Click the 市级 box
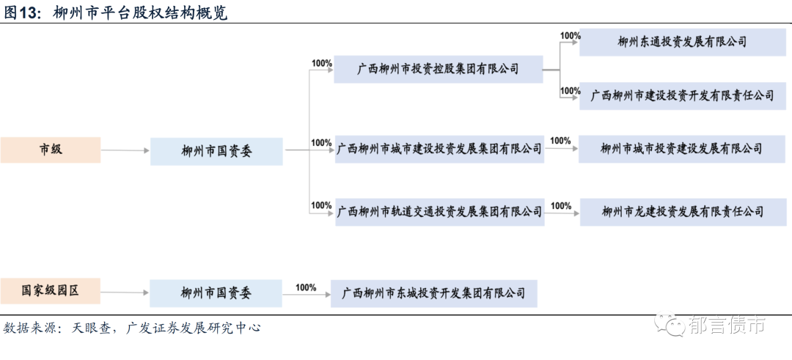pyautogui.click(x=51, y=150)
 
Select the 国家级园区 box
pyautogui.click(x=51, y=291)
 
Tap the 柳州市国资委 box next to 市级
pyautogui.click(x=216, y=151)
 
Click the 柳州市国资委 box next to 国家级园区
pyautogui.click(x=216, y=293)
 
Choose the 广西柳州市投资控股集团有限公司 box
pyautogui.click(x=438, y=69)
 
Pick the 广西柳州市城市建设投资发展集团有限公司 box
pyautogui.click(x=439, y=149)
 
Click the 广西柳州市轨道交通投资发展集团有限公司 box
pyautogui.click(x=439, y=211)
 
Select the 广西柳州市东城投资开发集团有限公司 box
pyautogui.click(x=433, y=293)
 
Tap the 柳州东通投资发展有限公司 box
pyautogui.click(x=682, y=42)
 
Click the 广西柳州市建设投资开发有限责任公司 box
pyautogui.click(x=682, y=96)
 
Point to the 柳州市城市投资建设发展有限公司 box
pyautogui.click(x=681, y=149)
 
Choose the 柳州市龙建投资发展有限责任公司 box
pyautogui.click(x=682, y=211)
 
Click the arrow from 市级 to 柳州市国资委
pyautogui.click(x=125, y=151)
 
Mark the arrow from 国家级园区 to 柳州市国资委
pyautogui.click(x=125, y=293)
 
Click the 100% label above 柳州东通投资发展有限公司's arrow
pyautogui.click(x=570, y=35)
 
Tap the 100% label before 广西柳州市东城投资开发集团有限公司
pyautogui.click(x=306, y=287)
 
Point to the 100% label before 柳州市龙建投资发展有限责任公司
pyautogui.click(x=560, y=206)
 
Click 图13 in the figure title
pyautogui.click(x=21, y=13)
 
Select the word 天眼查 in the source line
pyautogui.click(x=92, y=328)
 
